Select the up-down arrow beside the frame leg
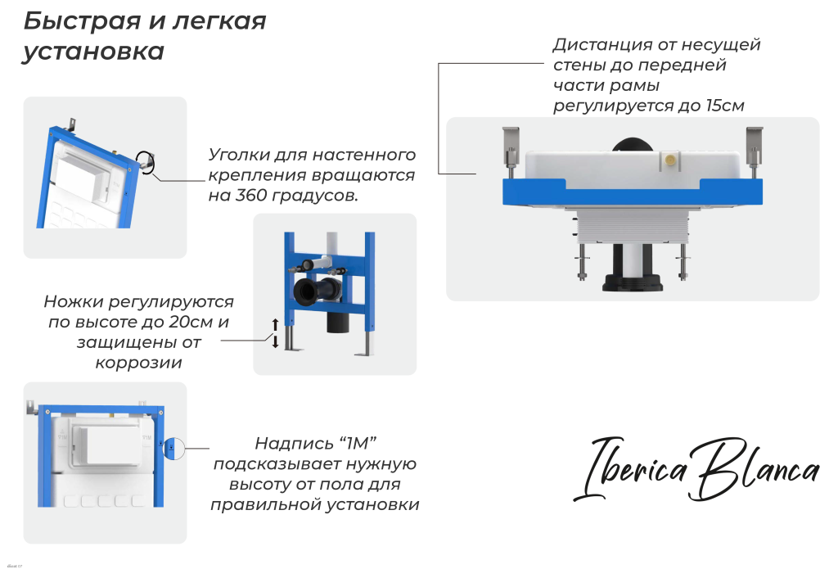tap(276, 333)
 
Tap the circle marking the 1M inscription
tap(174, 448)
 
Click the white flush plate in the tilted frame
tap(82, 174)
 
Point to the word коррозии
tap(138, 363)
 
